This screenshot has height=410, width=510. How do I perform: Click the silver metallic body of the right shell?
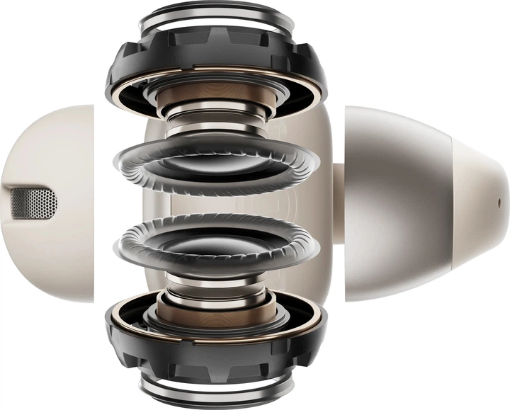click(x=397, y=205)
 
